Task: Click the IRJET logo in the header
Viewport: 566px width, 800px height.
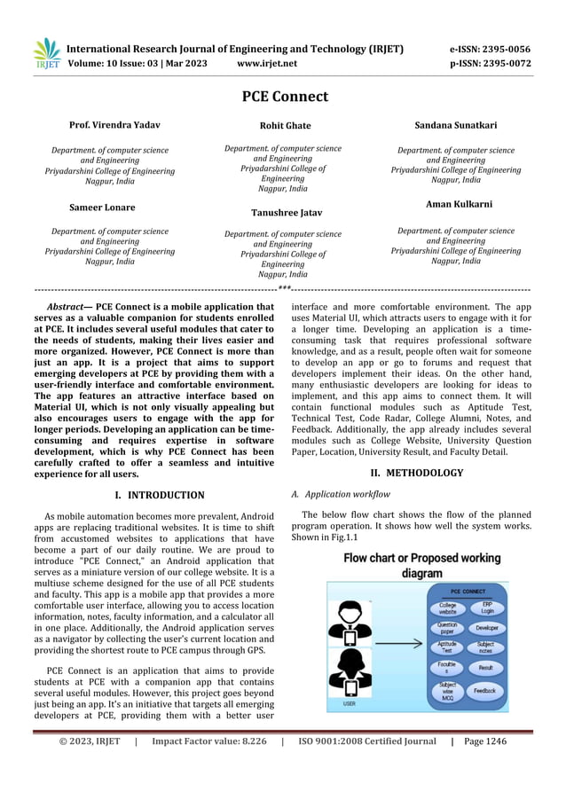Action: (46, 55)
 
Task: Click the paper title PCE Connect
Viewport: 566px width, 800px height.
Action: (285, 97)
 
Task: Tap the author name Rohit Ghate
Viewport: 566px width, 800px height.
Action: (285, 126)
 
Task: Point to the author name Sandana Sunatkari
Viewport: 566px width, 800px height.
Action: (456, 125)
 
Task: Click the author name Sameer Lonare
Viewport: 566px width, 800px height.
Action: (103, 207)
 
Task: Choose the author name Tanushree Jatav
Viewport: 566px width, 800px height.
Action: (285, 213)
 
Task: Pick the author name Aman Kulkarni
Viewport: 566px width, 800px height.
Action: (456, 204)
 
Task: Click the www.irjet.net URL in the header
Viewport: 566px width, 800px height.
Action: (268, 64)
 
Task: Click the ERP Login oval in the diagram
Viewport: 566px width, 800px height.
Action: (486, 608)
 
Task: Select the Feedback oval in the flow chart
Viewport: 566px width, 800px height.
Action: (484, 690)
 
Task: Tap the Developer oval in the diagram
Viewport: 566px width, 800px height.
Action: (486, 627)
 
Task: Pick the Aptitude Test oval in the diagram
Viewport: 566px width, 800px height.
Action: (447, 647)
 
